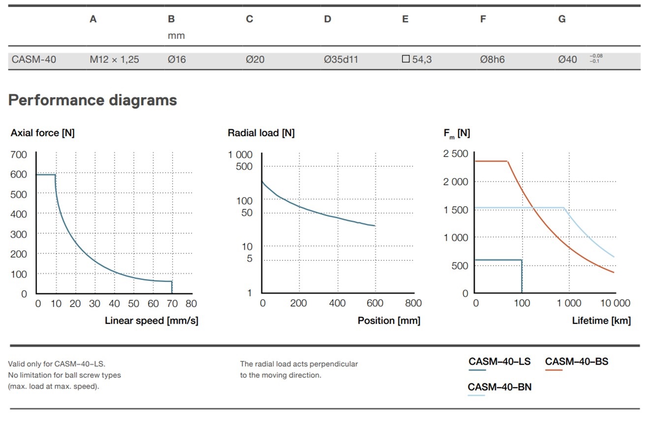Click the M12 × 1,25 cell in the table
114,60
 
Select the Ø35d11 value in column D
341,60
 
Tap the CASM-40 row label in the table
34,60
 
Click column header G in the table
562,19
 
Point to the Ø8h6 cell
493,60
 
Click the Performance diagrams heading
93,100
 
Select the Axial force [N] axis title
42,133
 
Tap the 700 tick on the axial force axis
19,155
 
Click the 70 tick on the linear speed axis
172,304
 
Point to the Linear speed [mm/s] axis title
152,321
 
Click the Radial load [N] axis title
261,133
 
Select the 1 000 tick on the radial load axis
240,155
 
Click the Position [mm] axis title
389,321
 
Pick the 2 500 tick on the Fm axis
456,154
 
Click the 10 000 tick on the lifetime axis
615,303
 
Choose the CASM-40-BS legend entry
576,362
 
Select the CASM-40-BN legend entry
499,387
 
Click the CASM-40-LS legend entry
499,362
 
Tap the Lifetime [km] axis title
601,321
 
